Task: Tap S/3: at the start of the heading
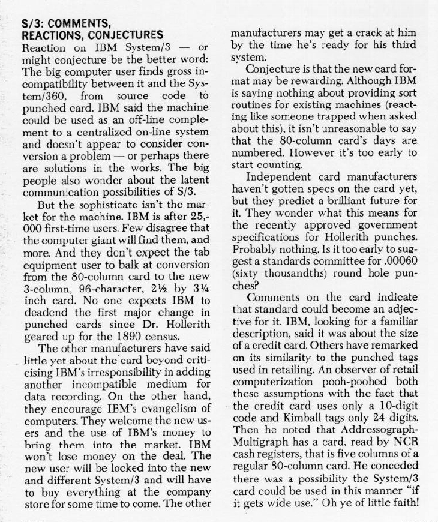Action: point(31,24)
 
